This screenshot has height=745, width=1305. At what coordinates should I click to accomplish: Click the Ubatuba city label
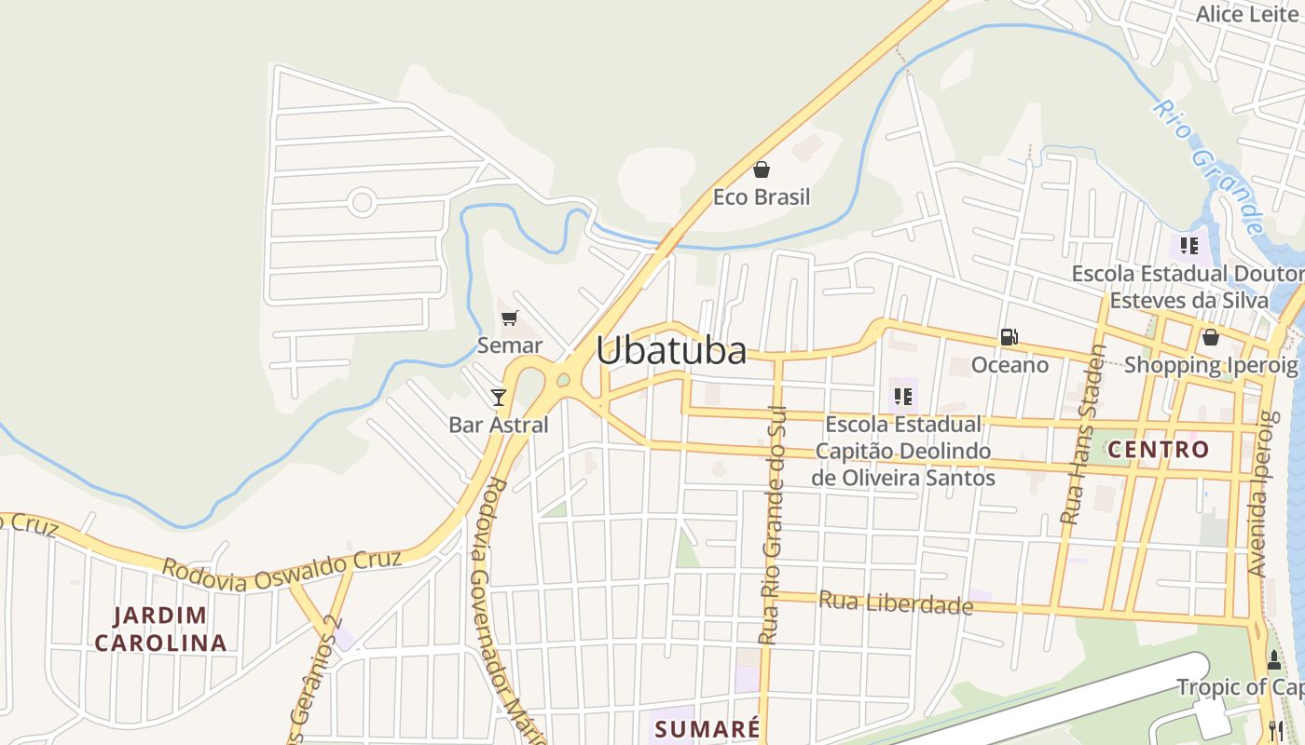click(x=671, y=351)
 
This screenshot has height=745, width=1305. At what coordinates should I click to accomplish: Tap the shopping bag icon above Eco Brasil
click(x=762, y=169)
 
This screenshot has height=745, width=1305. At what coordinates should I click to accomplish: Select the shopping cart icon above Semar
click(x=509, y=318)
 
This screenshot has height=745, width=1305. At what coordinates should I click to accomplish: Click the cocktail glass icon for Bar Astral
click(x=499, y=398)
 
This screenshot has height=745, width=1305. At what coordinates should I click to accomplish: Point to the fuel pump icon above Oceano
click(x=1009, y=337)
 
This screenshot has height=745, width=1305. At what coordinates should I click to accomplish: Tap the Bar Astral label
click(x=499, y=426)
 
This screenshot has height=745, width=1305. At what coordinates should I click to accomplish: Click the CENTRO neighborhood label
click(x=1158, y=450)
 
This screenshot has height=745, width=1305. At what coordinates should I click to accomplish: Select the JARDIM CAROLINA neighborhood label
click(x=160, y=629)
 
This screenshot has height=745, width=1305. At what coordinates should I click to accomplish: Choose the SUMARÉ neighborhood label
click(x=707, y=728)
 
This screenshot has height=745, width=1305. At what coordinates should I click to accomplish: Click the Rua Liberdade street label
click(x=896, y=603)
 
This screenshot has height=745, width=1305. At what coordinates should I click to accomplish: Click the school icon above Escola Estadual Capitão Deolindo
click(x=902, y=398)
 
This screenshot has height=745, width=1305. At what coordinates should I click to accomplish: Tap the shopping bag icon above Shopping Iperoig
click(x=1210, y=337)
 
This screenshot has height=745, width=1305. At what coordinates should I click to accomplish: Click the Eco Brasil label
click(x=762, y=197)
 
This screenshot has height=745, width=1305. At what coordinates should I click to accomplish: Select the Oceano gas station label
click(x=1010, y=365)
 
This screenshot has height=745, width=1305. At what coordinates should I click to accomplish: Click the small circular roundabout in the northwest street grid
click(x=362, y=202)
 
